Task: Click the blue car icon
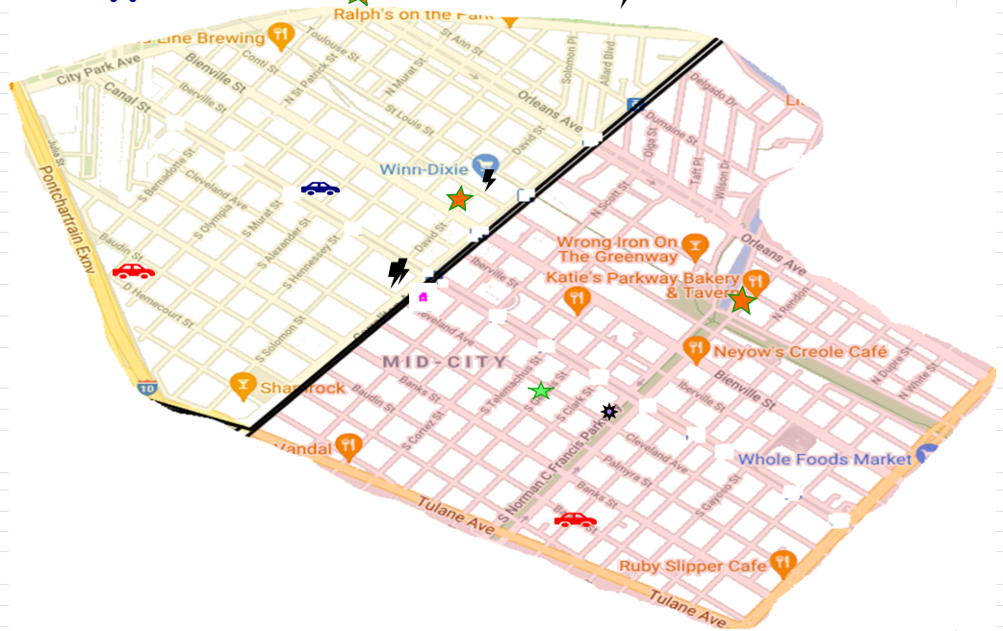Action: [x=320, y=189]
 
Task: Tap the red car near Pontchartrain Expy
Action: [x=133, y=271]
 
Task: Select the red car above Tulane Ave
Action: [x=575, y=520]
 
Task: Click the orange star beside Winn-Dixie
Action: [x=460, y=199]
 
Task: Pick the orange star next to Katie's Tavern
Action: [x=741, y=300]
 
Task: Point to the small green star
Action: [x=541, y=391]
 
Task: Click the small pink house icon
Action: [x=423, y=297]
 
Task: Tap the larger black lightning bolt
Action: [x=398, y=272]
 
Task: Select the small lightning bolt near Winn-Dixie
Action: [x=489, y=180]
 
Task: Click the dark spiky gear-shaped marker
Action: [x=608, y=412]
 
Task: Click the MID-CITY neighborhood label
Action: [x=445, y=363]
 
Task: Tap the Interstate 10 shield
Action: [x=146, y=388]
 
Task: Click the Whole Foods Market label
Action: [x=824, y=460]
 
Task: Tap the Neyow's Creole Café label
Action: [x=800, y=352]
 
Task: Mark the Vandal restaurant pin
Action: [x=348, y=445]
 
